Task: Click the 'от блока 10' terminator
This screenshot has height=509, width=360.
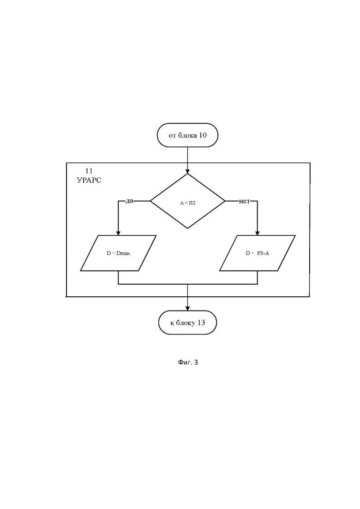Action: click(x=187, y=135)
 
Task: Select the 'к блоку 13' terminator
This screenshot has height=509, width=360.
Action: click(x=187, y=323)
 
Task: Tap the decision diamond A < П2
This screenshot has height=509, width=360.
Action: click(x=188, y=201)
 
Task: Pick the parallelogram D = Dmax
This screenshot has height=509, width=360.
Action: click(x=118, y=253)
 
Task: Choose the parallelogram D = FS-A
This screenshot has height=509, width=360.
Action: click(x=258, y=253)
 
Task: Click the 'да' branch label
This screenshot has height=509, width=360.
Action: click(x=129, y=201)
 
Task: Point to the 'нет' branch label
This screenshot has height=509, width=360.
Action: click(x=245, y=201)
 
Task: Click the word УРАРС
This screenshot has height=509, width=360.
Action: click(x=89, y=180)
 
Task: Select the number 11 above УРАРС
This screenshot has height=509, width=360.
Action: click(x=89, y=171)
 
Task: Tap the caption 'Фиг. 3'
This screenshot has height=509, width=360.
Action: click(x=188, y=362)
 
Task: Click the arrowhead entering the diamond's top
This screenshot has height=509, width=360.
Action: click(x=187, y=171)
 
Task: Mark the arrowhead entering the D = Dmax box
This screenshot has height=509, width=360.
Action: click(x=118, y=233)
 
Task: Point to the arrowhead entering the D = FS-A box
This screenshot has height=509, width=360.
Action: click(x=258, y=233)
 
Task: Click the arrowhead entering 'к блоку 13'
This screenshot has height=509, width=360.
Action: click(x=187, y=308)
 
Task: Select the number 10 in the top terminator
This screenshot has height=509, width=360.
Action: click(x=203, y=135)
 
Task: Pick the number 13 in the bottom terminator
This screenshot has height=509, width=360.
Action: click(x=201, y=323)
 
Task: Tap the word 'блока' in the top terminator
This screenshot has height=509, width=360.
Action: click(x=187, y=135)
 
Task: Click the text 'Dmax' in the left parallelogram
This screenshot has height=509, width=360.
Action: click(x=123, y=253)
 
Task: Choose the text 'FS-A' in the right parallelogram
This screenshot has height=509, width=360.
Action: click(x=263, y=253)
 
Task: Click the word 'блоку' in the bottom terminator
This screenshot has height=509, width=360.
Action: click(x=186, y=323)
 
